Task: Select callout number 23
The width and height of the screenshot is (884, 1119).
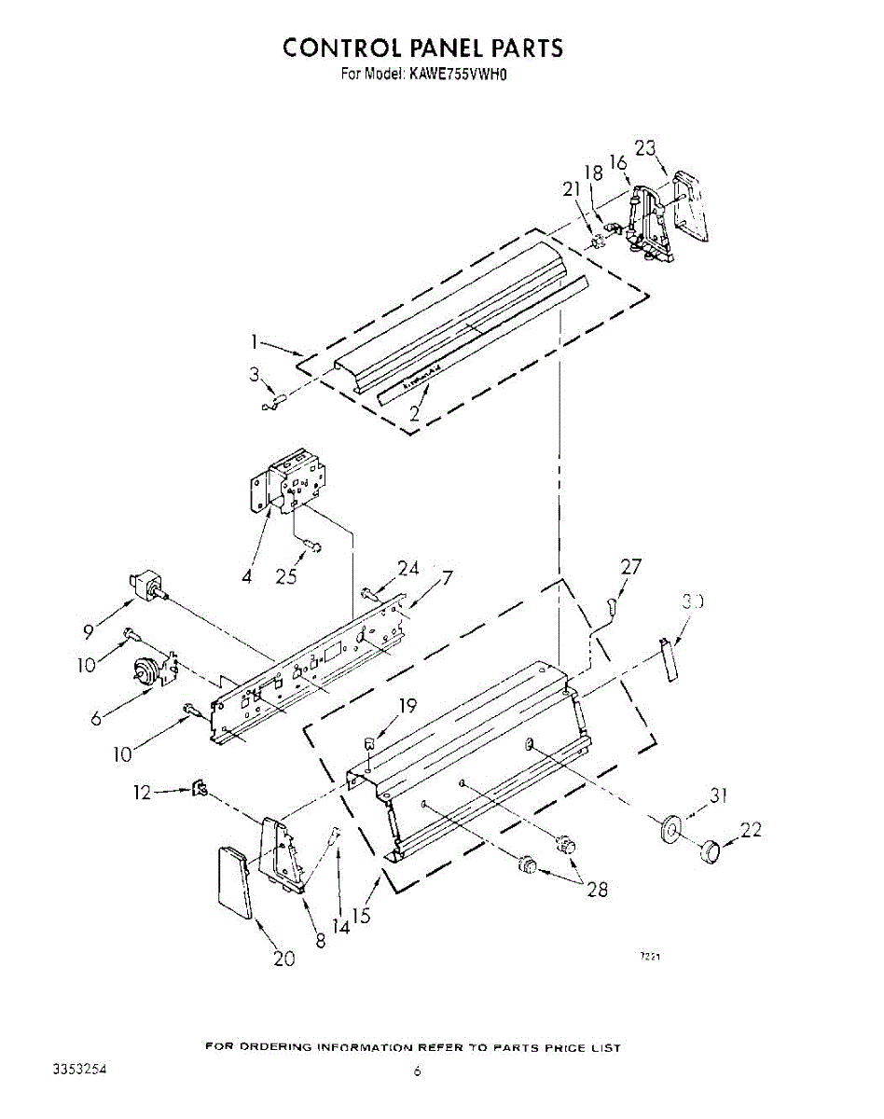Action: point(645,148)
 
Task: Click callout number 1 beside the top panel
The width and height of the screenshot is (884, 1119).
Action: point(254,342)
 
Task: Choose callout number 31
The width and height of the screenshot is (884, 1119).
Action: point(717,795)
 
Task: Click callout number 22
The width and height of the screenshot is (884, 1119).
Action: point(751,829)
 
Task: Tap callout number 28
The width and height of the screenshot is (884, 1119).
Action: point(596,889)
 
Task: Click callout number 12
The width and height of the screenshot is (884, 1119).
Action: point(141,792)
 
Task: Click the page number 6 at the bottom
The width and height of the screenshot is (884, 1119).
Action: point(418,1072)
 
